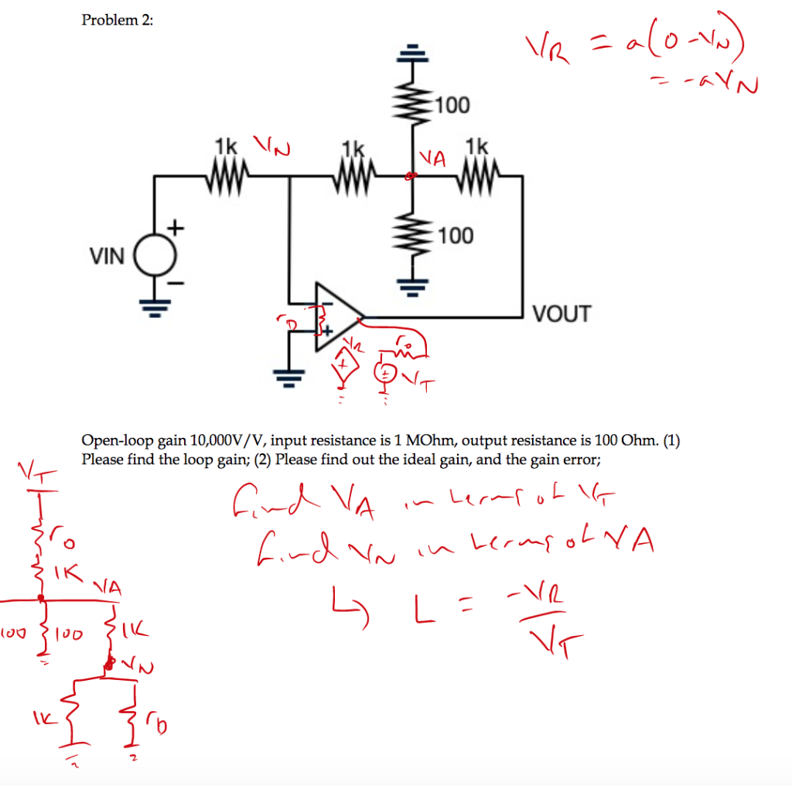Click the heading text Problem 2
(118, 20)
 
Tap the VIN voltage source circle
(156, 256)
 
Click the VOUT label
(562, 314)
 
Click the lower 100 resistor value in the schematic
(455, 235)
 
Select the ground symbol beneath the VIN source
(155, 309)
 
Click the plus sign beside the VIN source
(176, 227)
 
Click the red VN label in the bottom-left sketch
(132, 665)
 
